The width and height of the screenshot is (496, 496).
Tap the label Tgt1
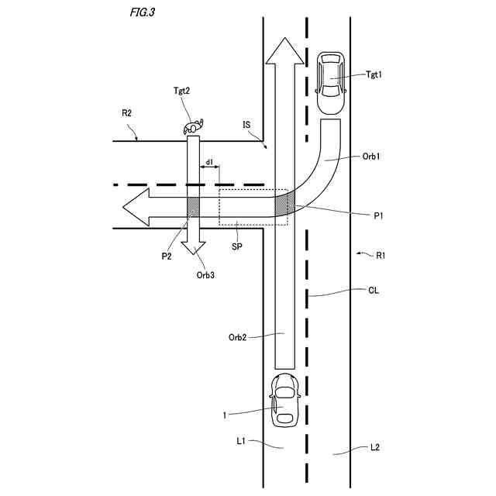[375, 74]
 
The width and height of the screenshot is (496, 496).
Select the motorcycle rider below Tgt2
[193, 126]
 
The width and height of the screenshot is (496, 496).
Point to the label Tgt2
[183, 91]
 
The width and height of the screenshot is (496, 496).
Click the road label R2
[126, 113]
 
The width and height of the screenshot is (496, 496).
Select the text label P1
[379, 216]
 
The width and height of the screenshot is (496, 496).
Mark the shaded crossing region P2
[194, 207]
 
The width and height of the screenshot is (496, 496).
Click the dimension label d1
[209, 162]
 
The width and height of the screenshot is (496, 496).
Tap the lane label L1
[241, 441]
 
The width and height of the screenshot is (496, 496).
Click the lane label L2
[374, 447]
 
